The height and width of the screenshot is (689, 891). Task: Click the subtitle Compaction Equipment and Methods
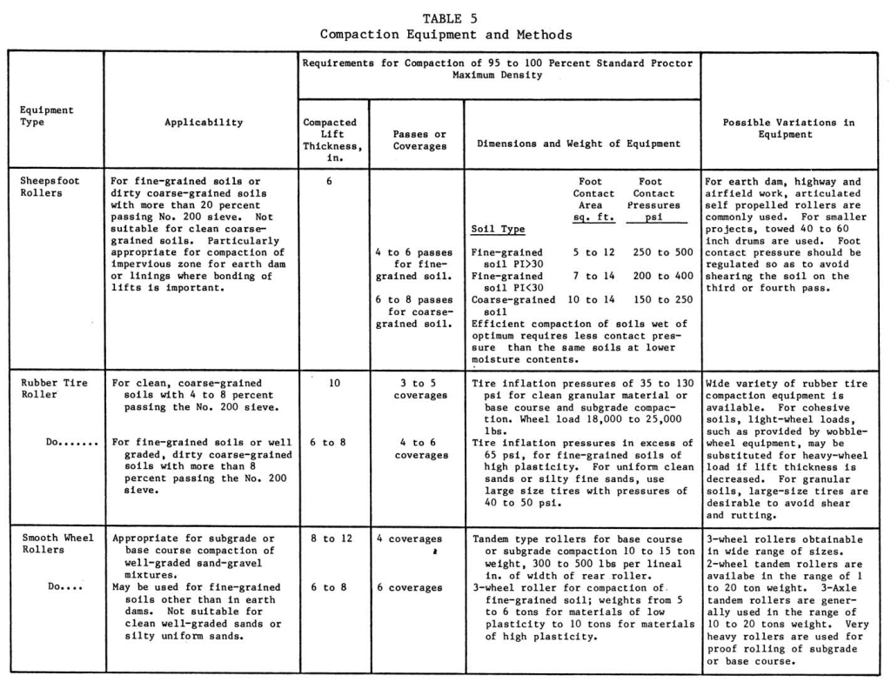(445, 35)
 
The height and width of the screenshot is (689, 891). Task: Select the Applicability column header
(204, 123)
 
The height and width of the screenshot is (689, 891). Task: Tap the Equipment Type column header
(47, 117)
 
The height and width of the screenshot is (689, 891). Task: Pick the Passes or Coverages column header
(419, 140)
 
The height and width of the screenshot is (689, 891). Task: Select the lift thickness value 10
(334, 382)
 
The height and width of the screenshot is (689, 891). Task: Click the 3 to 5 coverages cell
(419, 388)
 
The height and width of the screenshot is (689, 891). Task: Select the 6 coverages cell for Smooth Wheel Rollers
(409, 587)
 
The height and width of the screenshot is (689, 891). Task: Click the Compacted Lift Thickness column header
(330, 140)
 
